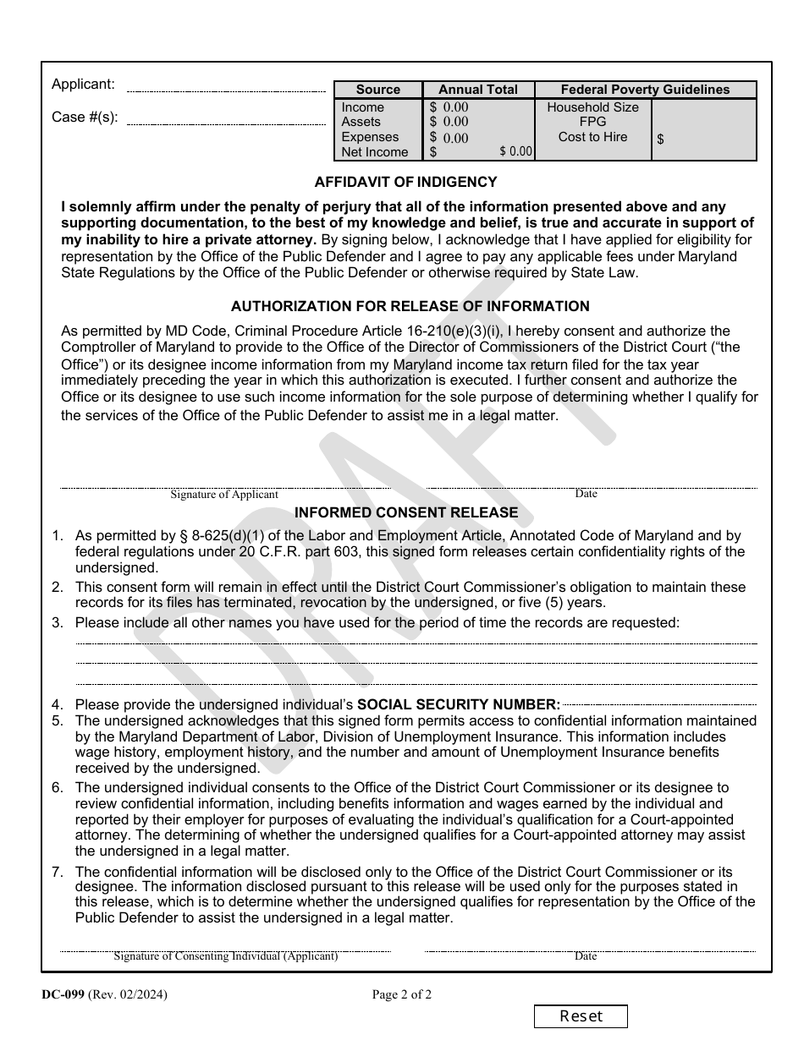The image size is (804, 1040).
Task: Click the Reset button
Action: (581, 1016)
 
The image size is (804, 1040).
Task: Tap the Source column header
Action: (377, 90)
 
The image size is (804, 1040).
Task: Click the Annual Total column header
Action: (478, 90)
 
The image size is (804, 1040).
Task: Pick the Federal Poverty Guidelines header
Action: (645, 90)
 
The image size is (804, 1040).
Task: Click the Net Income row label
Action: (374, 152)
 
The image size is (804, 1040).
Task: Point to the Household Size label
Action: (592, 107)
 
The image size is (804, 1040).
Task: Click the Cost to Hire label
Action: (592, 137)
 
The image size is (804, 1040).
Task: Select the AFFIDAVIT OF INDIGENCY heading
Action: (405, 182)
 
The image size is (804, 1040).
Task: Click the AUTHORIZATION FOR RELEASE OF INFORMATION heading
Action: (410, 306)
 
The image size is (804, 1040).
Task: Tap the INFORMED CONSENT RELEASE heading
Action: (405, 512)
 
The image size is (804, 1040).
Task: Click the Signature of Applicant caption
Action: (224, 495)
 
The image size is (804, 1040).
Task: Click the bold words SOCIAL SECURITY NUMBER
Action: (459, 704)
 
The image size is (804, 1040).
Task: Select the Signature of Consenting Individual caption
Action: (226, 956)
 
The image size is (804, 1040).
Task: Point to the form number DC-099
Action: (63, 995)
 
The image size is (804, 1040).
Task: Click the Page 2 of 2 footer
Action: (401, 995)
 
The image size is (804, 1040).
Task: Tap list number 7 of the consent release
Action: (57, 872)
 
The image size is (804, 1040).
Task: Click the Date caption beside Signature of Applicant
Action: (586, 494)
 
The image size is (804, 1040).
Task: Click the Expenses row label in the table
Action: (370, 137)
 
